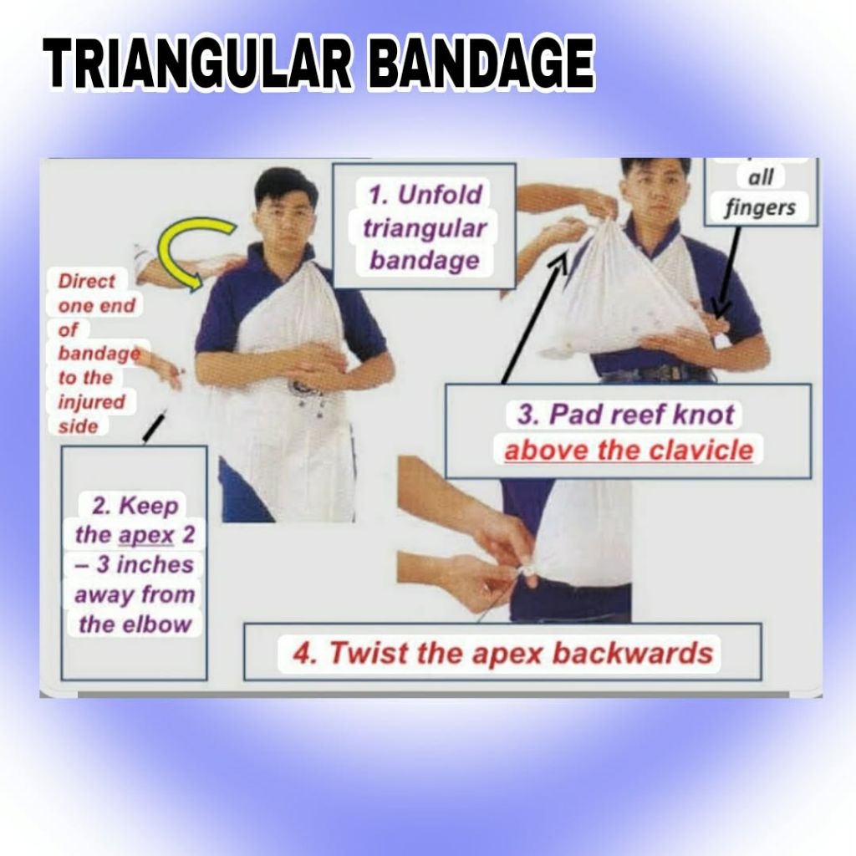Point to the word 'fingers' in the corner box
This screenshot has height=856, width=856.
[759, 207]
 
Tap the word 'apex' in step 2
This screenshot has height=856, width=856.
[147, 535]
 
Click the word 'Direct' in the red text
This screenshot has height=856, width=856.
[87, 281]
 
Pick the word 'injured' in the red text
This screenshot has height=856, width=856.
[91, 402]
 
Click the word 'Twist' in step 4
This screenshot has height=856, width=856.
[363, 652]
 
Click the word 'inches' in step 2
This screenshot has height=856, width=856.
[154, 564]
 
